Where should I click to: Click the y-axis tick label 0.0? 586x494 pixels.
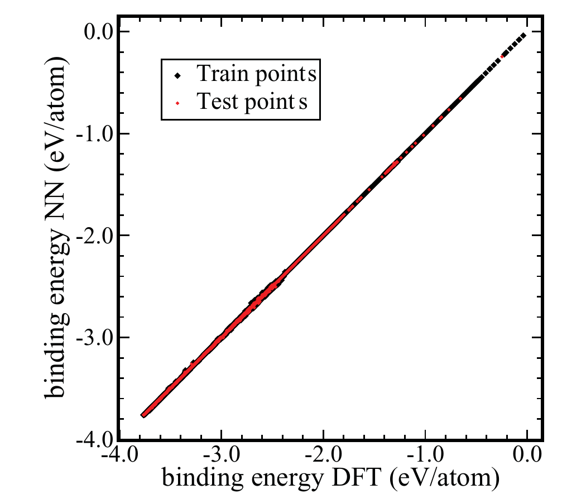click(x=98, y=32)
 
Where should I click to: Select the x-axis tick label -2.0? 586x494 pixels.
click(x=324, y=455)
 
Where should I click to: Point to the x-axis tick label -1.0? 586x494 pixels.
click(x=425, y=455)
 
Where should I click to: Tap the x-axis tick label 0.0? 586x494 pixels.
click(x=527, y=455)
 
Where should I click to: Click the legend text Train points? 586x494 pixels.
click(x=257, y=74)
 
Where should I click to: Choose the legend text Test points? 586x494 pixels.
click(x=252, y=101)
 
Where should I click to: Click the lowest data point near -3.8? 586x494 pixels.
click(x=143, y=415)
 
